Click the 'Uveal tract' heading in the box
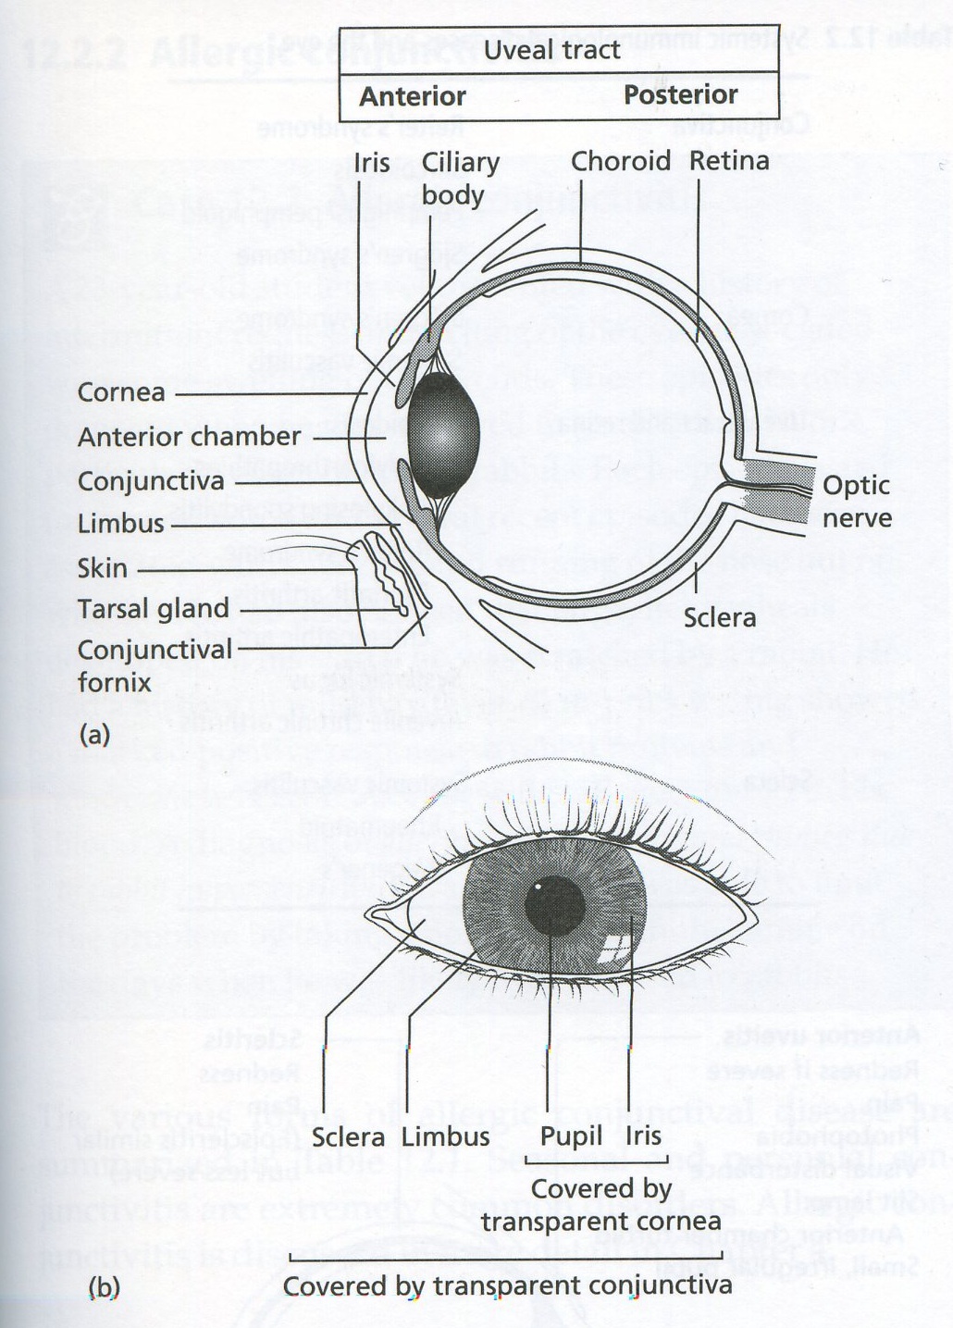(x=551, y=50)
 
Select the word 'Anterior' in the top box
(x=413, y=96)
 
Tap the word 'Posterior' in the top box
(x=680, y=94)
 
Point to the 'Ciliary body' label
(x=460, y=178)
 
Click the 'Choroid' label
(x=620, y=161)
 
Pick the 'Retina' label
(x=729, y=161)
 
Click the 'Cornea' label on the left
(x=121, y=391)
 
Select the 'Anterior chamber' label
(x=189, y=436)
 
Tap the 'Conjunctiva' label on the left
(x=151, y=481)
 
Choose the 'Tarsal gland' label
(x=153, y=609)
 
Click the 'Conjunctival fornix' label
(x=155, y=665)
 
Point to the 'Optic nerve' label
(x=856, y=501)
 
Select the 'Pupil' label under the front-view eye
(x=571, y=1136)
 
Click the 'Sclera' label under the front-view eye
(x=348, y=1136)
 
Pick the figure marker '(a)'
(x=94, y=735)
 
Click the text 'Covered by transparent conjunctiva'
(x=507, y=1285)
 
